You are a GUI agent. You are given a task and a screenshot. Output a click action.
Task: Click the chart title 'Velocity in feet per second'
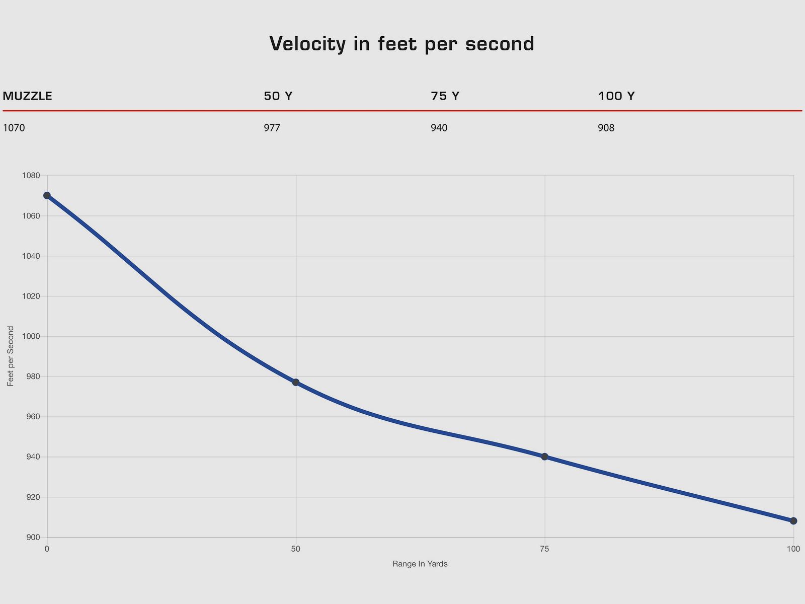(x=401, y=44)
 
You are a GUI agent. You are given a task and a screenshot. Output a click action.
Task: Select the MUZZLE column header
(x=28, y=96)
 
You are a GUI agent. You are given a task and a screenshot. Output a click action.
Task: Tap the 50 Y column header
(x=278, y=96)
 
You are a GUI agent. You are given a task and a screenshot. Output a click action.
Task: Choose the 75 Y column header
(x=445, y=96)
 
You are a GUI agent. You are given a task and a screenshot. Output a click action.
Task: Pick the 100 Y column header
(x=616, y=96)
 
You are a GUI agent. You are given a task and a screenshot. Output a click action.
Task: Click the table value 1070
(x=14, y=128)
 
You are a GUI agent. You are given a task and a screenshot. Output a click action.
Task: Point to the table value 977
(x=272, y=128)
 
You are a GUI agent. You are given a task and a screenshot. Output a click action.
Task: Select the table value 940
(x=439, y=128)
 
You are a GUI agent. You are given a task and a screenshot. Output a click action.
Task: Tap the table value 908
(x=606, y=128)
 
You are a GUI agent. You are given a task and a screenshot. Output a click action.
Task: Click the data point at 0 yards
(x=47, y=195)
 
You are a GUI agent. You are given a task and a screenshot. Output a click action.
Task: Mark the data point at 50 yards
(x=296, y=382)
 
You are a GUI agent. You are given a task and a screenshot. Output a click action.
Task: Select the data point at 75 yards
(x=544, y=457)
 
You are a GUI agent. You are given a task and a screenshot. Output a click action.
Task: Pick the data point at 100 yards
(x=793, y=521)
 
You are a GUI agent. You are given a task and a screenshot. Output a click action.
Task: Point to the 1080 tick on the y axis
(x=31, y=176)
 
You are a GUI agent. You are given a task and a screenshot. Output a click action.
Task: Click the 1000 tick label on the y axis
(x=31, y=336)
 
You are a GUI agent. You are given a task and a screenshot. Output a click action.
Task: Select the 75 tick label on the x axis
(x=544, y=549)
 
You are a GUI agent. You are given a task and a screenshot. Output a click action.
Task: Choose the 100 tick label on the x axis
(x=793, y=549)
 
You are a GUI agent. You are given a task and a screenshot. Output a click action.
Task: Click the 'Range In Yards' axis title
(x=420, y=564)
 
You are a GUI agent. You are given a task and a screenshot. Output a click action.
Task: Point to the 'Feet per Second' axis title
(x=11, y=356)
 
